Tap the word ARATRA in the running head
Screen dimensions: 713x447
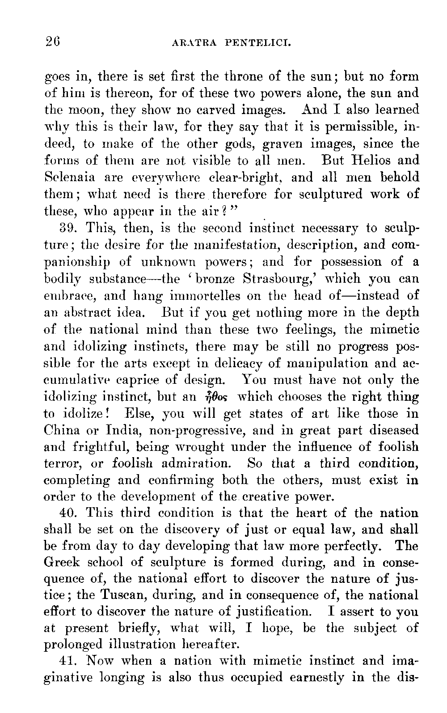[x=193, y=43]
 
